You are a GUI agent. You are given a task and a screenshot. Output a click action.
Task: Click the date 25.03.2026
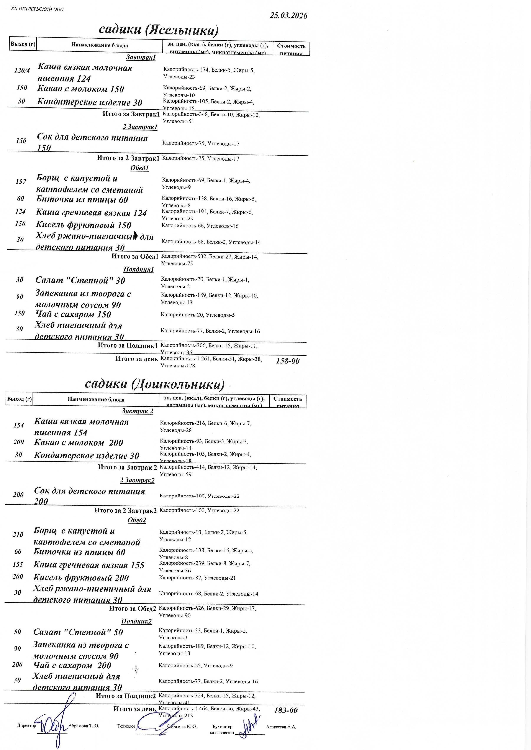[x=288, y=16]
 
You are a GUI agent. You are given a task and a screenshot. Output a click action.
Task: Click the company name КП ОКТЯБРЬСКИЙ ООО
[x=37, y=9]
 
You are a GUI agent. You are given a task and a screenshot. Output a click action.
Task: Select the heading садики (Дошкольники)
[x=155, y=384]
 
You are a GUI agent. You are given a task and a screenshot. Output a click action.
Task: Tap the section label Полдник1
[x=138, y=270]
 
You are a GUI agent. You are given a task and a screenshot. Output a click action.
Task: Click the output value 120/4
[x=22, y=70]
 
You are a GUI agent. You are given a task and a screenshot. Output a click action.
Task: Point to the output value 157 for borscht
[x=21, y=181]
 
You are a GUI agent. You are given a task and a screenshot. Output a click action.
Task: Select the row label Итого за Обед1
[x=135, y=257]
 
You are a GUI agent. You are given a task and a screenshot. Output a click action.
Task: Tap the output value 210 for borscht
[x=18, y=535]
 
